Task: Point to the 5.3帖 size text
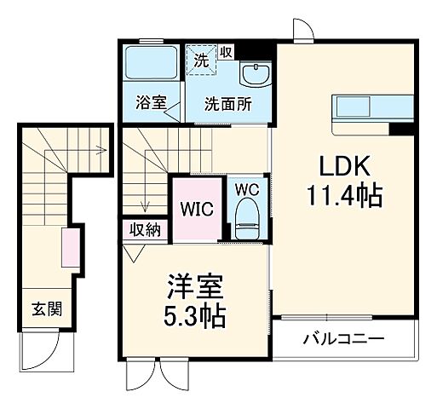195,319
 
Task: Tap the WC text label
247,188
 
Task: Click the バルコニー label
343,338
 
